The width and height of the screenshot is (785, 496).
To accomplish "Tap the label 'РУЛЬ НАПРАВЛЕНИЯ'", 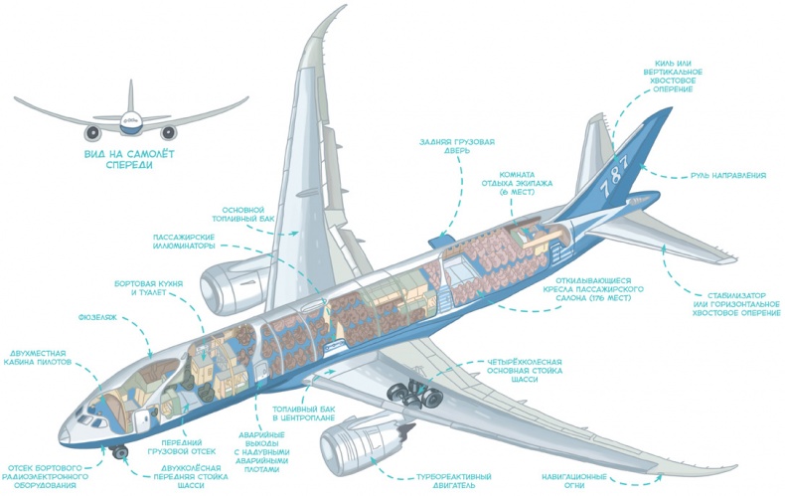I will [728, 176].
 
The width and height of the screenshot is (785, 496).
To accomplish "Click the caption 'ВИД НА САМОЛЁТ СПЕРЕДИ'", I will [129, 160].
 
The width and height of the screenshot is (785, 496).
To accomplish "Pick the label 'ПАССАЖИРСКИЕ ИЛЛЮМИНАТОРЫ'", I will [184, 243].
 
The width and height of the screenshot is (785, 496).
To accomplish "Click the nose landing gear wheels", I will [121, 452].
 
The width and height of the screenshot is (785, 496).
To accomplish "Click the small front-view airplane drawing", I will [129, 117].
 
